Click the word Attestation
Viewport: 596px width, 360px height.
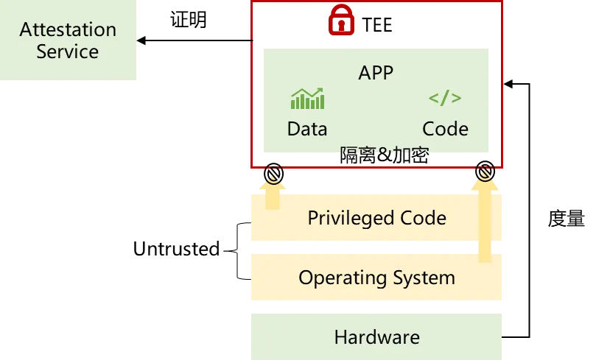click(x=68, y=30)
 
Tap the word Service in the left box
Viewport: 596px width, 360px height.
click(x=68, y=52)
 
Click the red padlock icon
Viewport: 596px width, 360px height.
click(x=340, y=20)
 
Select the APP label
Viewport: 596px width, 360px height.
click(x=376, y=72)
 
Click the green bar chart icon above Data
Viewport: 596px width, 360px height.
click(x=307, y=99)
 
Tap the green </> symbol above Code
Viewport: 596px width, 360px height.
click(x=445, y=99)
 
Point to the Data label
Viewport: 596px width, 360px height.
click(x=307, y=129)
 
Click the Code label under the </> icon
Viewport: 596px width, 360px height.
click(x=445, y=129)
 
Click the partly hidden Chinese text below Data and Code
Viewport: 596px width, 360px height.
click(x=385, y=152)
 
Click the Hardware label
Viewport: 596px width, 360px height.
click(x=376, y=337)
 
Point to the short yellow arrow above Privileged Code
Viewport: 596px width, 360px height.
click(x=273, y=197)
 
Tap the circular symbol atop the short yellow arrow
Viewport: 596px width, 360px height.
click(x=273, y=174)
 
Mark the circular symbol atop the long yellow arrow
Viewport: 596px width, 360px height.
click(x=484, y=174)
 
